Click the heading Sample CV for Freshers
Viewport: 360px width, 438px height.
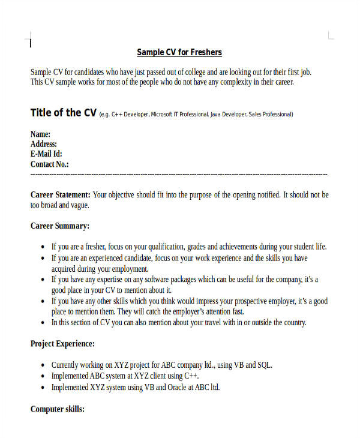coord(179,52)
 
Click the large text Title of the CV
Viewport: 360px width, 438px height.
coord(64,113)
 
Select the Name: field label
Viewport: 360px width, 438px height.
coord(40,134)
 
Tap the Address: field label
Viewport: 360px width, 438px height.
coord(44,144)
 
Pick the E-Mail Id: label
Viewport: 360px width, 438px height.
coord(46,154)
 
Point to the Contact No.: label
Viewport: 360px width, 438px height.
coord(50,164)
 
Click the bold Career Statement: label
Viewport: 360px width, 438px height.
coord(61,195)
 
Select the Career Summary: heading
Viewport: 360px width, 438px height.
coord(60,226)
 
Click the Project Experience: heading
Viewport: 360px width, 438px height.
coord(62,344)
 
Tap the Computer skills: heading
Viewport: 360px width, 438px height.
coord(58,409)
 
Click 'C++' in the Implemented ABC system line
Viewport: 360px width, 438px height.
coord(191,376)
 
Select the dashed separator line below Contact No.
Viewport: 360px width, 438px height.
coord(179,174)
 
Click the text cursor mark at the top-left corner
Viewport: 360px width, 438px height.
coord(31,43)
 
